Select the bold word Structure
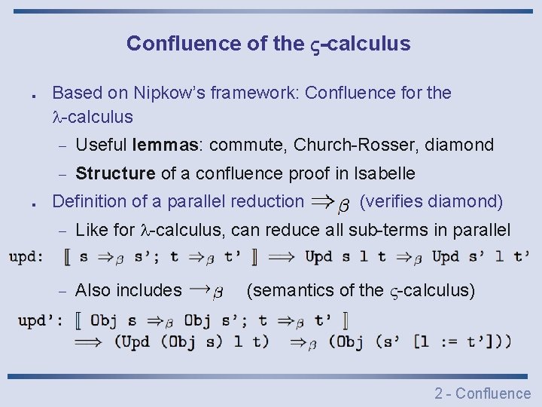click(115, 173)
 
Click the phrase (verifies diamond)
click(431, 201)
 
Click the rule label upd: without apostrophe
click(26, 257)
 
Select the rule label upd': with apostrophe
click(41, 320)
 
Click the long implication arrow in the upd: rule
click(282, 257)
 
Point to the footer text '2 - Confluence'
click(483, 393)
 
